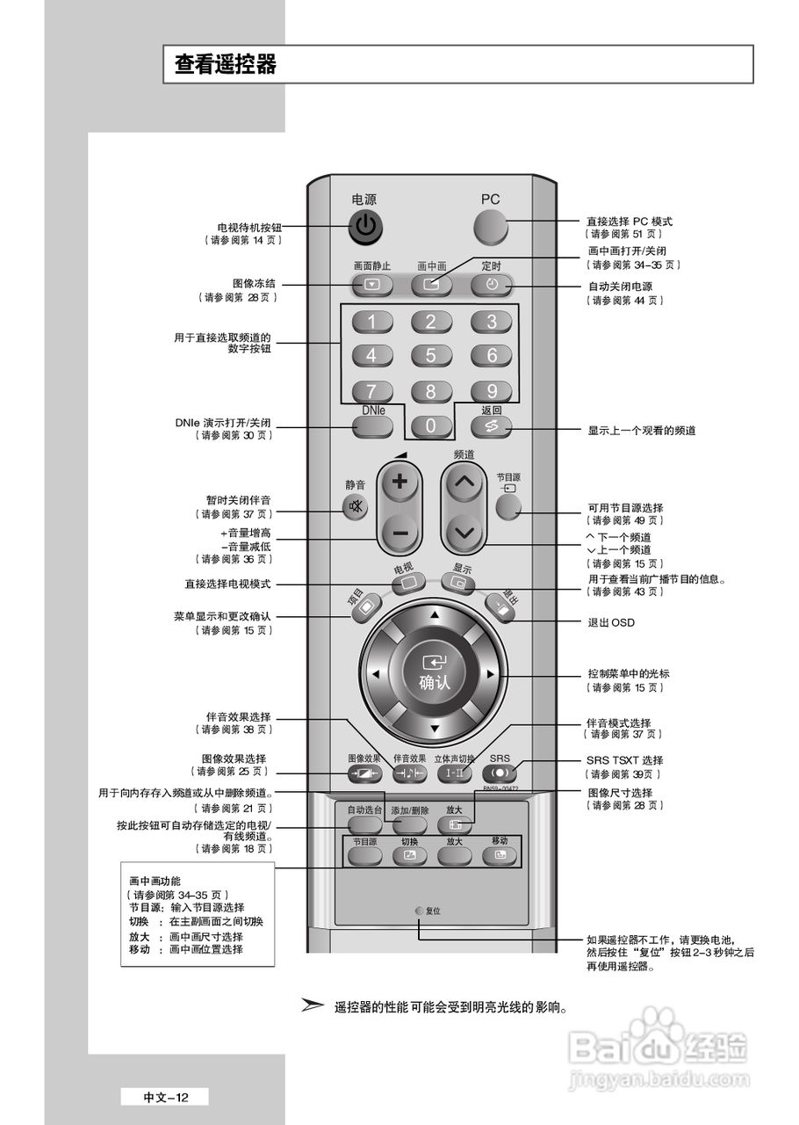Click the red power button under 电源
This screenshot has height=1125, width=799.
tap(367, 228)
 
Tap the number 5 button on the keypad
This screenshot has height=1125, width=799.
tap(430, 355)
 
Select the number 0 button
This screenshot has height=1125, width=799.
tap(430, 426)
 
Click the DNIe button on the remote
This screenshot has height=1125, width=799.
tap(372, 426)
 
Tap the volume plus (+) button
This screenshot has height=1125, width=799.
tap(399, 482)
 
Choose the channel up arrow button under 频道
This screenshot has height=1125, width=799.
tap(465, 482)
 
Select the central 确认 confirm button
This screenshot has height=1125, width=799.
tap(434, 674)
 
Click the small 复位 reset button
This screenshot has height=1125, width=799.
tap(420, 911)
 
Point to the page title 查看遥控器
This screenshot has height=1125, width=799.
tap(226, 64)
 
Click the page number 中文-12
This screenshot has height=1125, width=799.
tap(165, 1097)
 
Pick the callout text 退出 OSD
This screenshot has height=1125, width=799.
tap(610, 622)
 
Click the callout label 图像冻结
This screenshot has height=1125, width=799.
tap(254, 284)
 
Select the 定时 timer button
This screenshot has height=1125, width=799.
tap(491, 284)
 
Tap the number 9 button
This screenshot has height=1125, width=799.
tap(492, 391)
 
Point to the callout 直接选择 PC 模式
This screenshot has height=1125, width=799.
tap(629, 221)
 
